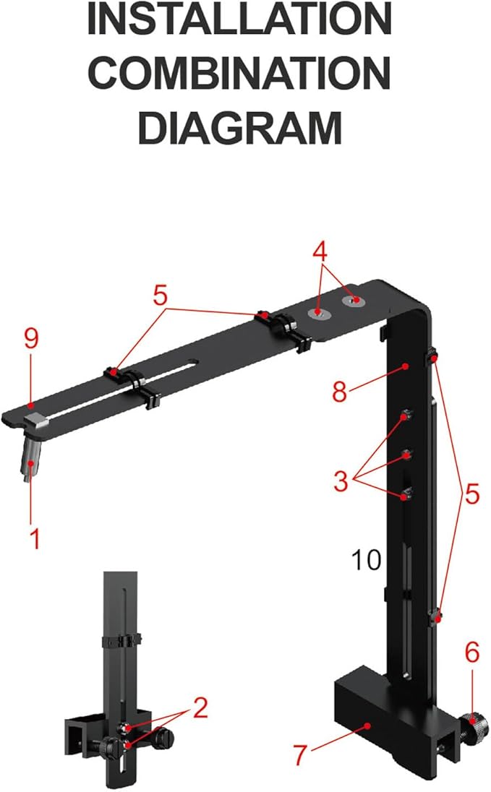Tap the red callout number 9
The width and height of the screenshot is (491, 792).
[31, 340]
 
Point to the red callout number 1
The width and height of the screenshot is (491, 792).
[33, 538]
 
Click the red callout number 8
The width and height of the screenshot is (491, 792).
[340, 392]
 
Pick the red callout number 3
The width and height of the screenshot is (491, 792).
[341, 481]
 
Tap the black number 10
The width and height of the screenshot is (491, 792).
[366, 560]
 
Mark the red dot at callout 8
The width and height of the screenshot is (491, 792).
[406, 366]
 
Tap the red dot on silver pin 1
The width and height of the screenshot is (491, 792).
[30, 462]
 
